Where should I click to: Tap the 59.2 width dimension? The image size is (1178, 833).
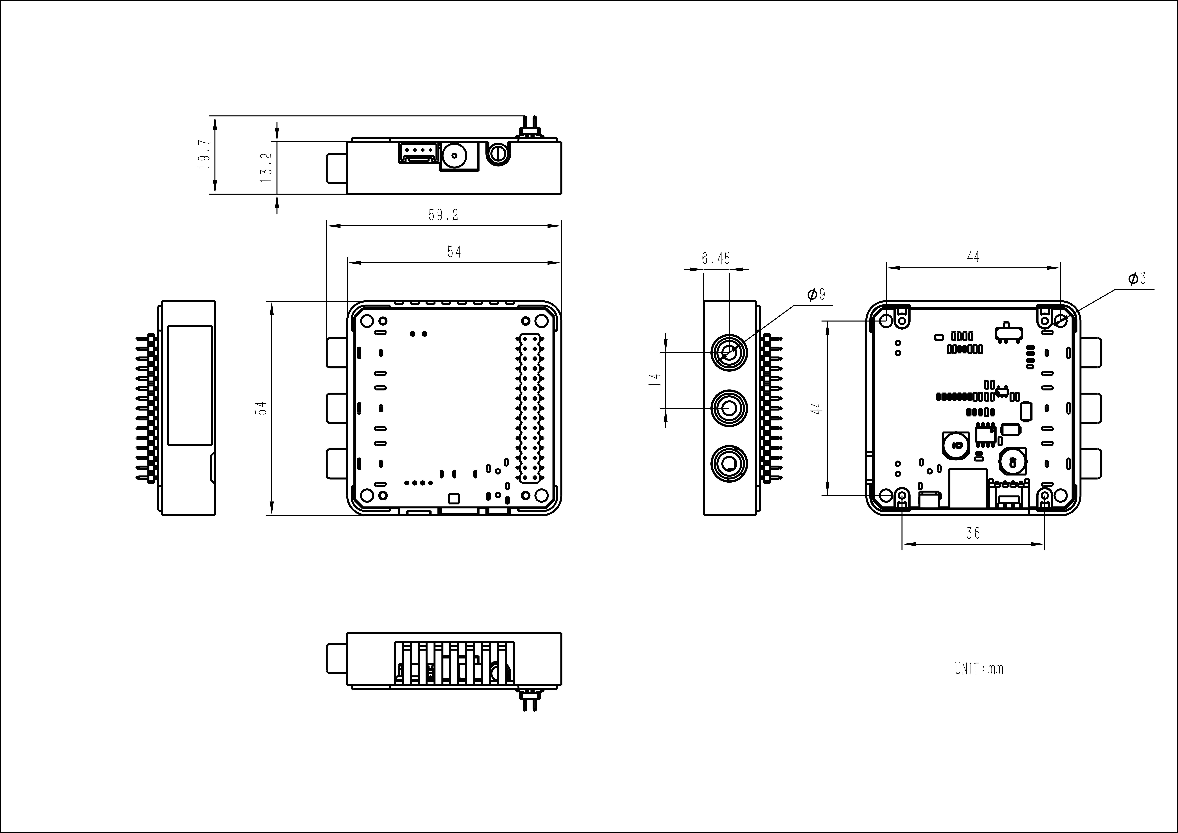[444, 215]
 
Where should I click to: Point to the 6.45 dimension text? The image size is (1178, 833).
[716, 259]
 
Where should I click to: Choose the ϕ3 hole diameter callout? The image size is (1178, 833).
[1137, 279]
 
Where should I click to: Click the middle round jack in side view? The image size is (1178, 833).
[729, 408]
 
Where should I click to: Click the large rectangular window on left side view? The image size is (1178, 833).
[190, 385]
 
